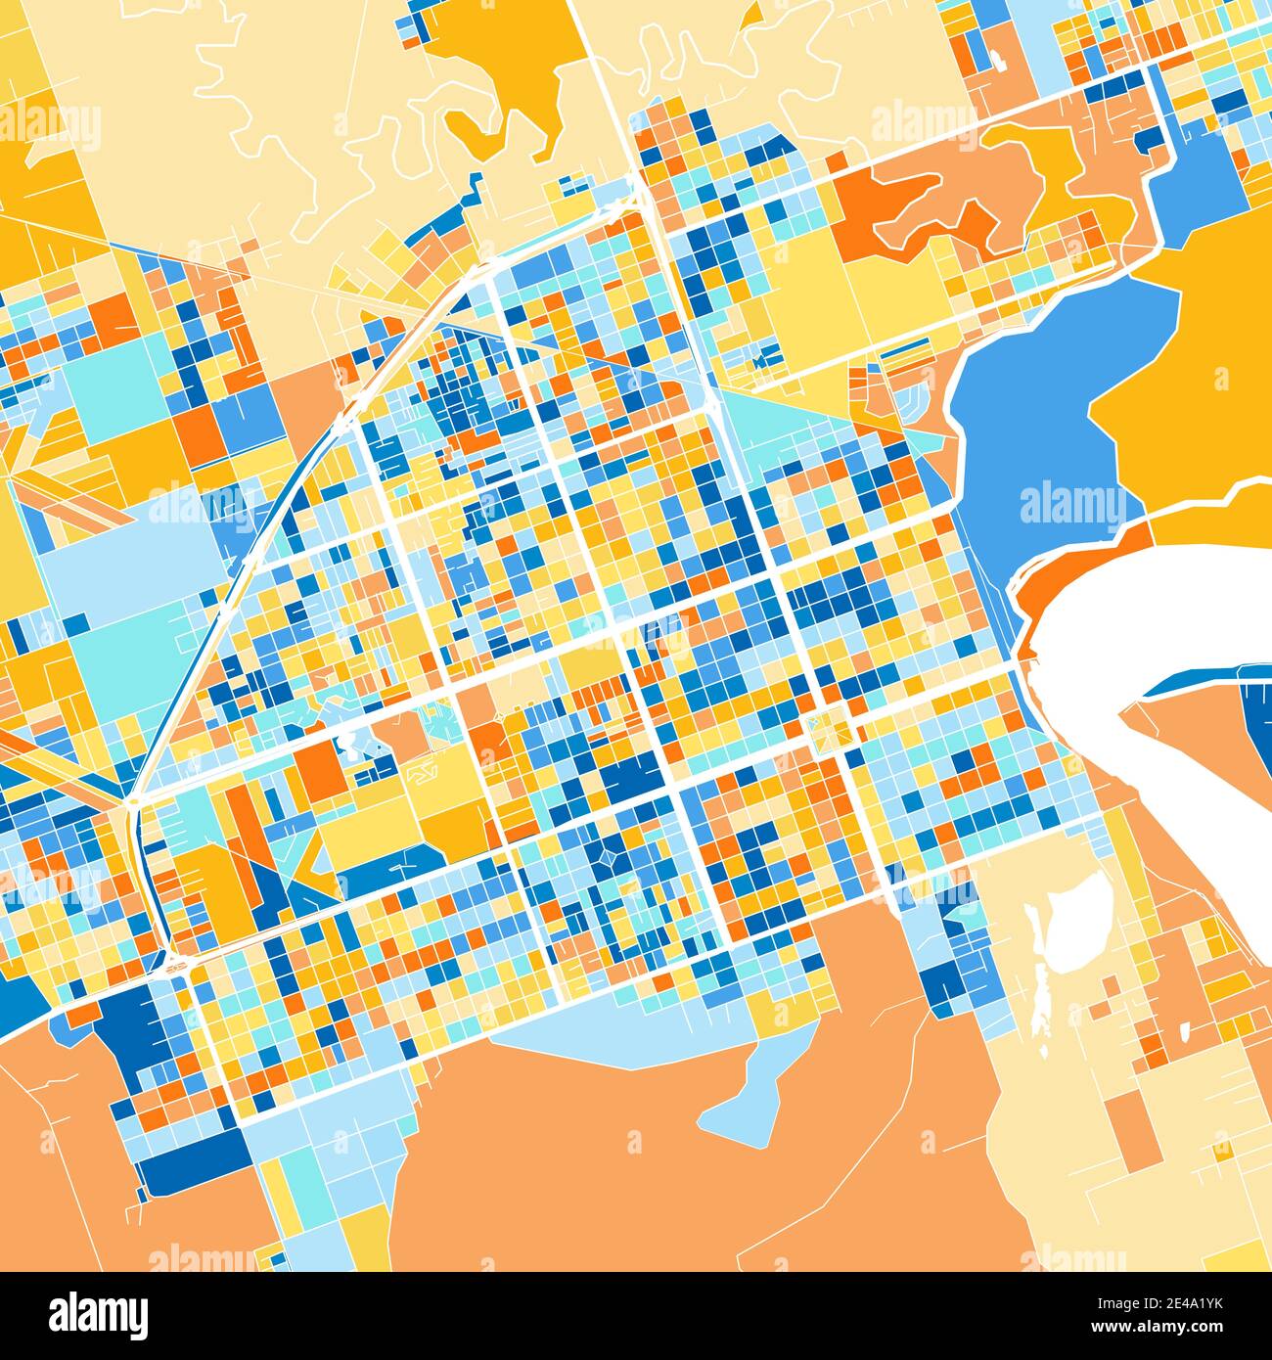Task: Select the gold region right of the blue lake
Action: click(x=1194, y=411)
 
